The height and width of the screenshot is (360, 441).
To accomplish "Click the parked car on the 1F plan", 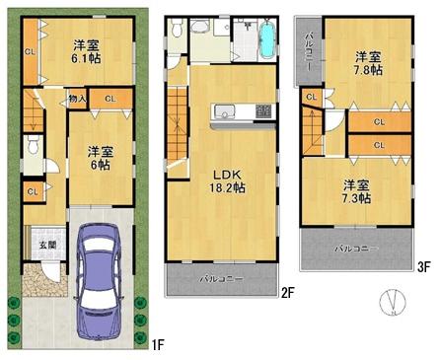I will pyautogui.click(x=99, y=277).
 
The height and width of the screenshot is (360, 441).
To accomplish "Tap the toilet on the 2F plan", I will pyautogui.click(x=176, y=32).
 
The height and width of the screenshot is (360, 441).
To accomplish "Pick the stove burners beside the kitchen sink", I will pyautogui.click(x=263, y=109).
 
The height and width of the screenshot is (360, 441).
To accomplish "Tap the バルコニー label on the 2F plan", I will pyautogui.click(x=221, y=279).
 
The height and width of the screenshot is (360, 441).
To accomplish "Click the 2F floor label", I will pyautogui.click(x=288, y=291).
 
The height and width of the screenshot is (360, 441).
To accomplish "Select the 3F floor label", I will pyautogui.click(x=422, y=266).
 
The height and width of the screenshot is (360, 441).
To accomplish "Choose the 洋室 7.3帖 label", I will pyautogui.click(x=356, y=190).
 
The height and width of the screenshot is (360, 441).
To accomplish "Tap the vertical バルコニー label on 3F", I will pyautogui.click(x=310, y=48).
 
